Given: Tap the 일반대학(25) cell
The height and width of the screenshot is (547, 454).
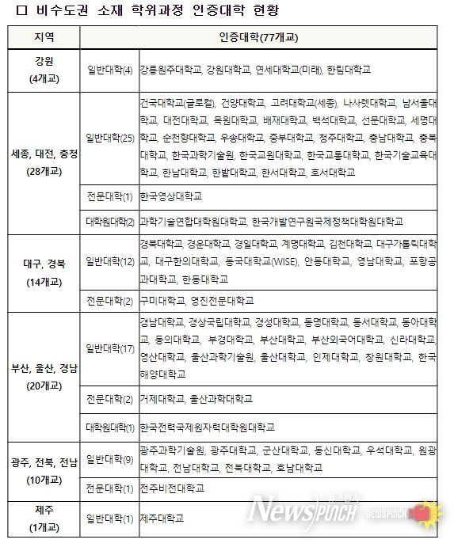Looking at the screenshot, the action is (109, 139).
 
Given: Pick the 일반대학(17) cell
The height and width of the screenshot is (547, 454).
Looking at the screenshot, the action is (109, 348).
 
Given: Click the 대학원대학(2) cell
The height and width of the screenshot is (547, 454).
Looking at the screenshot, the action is (109, 222).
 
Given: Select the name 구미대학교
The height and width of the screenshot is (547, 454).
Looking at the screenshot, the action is (161, 301).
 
